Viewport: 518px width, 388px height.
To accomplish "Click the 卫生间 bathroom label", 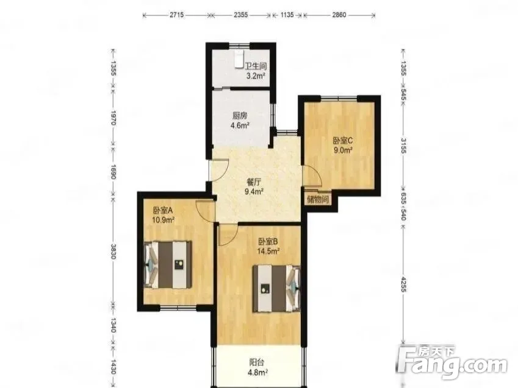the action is tap(256, 66).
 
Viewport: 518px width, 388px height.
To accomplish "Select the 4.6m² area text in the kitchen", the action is tap(240, 125).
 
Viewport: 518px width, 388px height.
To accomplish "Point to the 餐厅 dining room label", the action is tap(254, 181).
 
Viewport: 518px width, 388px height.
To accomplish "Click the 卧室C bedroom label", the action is tap(342, 141).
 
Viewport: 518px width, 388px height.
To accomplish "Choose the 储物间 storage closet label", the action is tap(317, 199).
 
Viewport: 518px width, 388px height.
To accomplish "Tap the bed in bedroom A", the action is tap(168, 264).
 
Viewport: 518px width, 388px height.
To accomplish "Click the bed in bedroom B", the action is tap(277, 288).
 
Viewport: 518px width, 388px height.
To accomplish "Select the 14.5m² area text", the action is tap(268, 251).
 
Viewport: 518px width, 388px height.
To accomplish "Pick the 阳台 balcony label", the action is tap(256, 362).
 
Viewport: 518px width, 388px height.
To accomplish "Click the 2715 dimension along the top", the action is tap(177, 15).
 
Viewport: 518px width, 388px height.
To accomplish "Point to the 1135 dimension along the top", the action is tap(287, 15).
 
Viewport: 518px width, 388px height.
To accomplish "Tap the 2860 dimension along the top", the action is tap(339, 15).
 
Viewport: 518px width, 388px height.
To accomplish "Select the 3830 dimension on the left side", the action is tap(113, 252).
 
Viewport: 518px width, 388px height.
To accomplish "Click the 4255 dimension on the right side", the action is tap(403, 284).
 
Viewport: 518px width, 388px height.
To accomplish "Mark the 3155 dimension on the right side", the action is tap(403, 146).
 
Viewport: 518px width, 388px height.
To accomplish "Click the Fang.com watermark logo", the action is tap(452, 362).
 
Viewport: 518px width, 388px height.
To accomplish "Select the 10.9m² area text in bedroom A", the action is tap(163, 220).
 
